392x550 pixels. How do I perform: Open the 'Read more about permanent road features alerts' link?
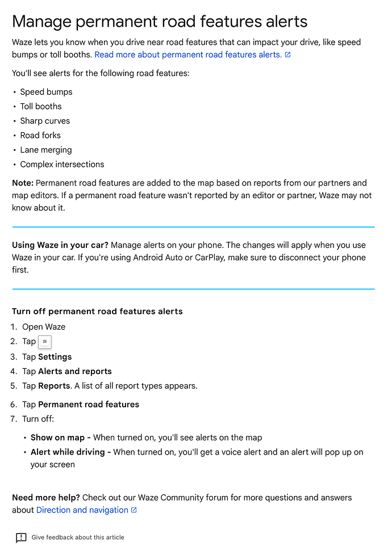coord(187,54)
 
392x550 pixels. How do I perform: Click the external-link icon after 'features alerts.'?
coord(287,54)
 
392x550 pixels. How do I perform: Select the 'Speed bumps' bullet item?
coord(46,92)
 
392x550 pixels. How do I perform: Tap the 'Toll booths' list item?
coord(41,106)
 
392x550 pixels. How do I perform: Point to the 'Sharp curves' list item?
coord(45,121)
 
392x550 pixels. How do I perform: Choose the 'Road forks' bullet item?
coord(40,135)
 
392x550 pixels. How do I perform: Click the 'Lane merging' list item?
coord(46,150)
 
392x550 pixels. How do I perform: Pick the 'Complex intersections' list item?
coord(62,164)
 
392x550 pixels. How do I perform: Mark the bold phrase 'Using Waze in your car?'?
coord(60,245)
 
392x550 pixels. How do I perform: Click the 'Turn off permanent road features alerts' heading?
coord(97,311)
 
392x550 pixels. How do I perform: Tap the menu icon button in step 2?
coord(45,342)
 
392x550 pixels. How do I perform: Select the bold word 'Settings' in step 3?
coord(55,357)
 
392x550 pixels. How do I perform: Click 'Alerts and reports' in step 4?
coord(75,371)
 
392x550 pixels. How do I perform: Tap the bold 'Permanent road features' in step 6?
coord(89,404)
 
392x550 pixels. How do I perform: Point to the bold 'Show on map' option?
coord(57,438)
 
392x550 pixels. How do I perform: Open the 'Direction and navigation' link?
coord(82,510)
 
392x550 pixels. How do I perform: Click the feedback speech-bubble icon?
coord(21,538)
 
